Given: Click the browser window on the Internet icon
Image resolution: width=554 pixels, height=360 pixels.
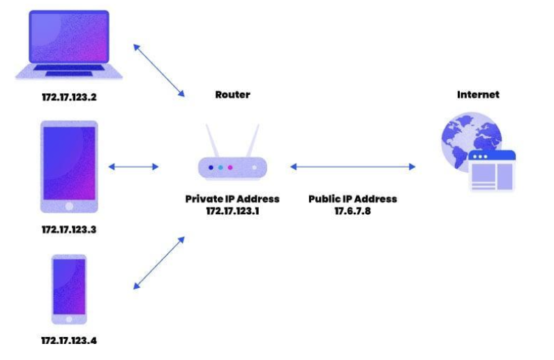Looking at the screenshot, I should coord(492,171).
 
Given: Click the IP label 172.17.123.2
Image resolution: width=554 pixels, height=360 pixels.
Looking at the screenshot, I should coord(68,97).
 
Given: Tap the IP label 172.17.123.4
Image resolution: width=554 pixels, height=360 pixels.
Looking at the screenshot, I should coord(68,342).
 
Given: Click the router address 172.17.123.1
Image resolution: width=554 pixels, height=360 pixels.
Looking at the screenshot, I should coord(233,210).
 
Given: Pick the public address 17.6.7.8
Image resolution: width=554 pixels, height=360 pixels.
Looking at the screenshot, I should coord(353,210).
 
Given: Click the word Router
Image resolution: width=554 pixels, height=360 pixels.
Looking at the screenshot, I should coord(232,94).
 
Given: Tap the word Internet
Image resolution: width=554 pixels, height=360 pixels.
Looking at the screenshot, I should coord(478,94).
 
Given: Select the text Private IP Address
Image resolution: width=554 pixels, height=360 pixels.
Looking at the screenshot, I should coord(232,199).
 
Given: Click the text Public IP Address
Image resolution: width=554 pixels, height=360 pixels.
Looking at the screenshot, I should coord(353,199).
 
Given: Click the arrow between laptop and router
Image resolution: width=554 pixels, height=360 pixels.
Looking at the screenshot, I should coord(159,70).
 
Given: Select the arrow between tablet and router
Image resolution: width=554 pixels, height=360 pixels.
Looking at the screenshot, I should coord(134,167).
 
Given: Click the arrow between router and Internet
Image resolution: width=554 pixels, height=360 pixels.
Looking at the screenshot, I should coord(353,167).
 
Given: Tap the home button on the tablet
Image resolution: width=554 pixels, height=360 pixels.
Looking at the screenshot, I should coord(69,207).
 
